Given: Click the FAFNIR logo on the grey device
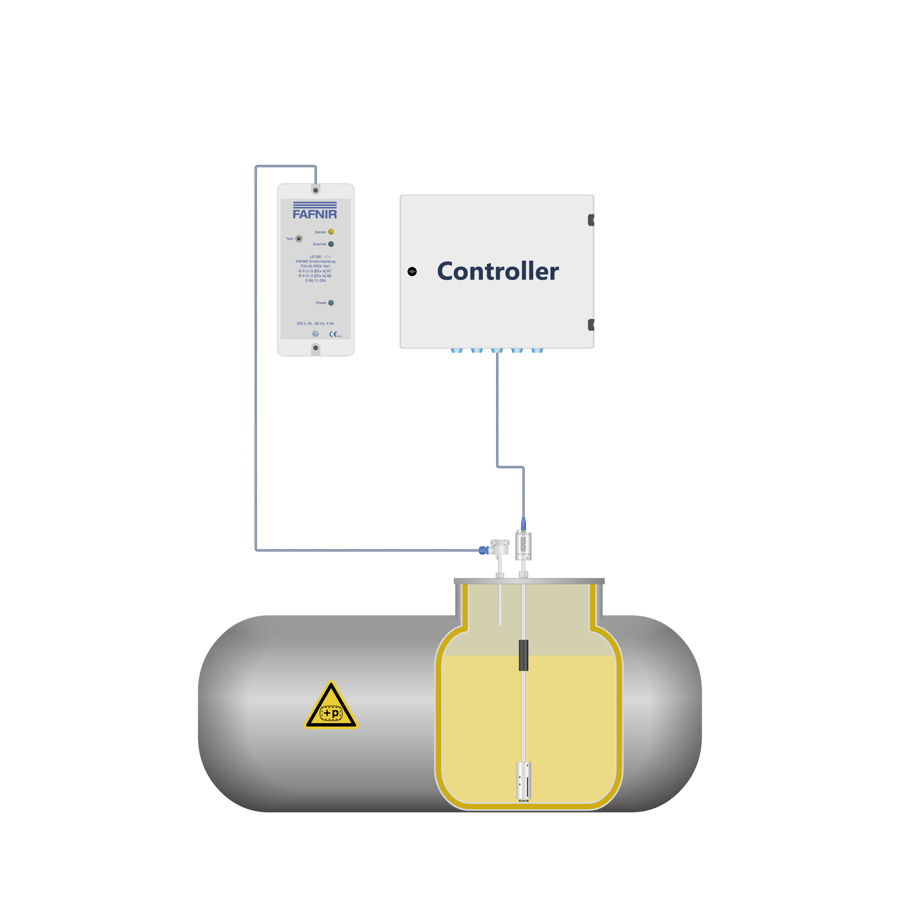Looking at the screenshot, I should point(315,211).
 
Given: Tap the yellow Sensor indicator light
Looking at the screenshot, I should point(331,232).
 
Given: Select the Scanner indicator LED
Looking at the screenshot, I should point(331,244).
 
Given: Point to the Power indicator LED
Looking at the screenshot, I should point(331,302).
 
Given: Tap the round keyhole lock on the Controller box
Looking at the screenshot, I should point(412,272).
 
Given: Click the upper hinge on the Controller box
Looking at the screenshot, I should point(591,220).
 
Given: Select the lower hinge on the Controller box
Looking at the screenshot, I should point(591,325).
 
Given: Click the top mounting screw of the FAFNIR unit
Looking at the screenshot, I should point(316,190).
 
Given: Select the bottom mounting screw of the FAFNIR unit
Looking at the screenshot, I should point(316,348).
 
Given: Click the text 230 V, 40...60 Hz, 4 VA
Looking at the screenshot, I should point(315,324).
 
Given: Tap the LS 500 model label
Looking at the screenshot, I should point(315,257).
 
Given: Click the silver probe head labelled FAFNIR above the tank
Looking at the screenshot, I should point(523,545).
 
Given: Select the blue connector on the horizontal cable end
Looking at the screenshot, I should point(484,550).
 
